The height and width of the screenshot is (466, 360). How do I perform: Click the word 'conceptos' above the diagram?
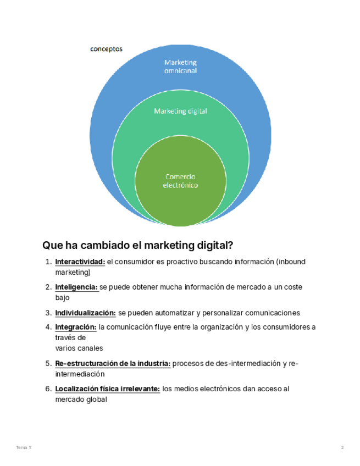pos(106,49)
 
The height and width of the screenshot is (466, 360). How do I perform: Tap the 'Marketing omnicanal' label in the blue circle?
pos(180,66)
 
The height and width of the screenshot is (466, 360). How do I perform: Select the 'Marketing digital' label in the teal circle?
pos(180,111)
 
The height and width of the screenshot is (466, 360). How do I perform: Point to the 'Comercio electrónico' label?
pos(180,181)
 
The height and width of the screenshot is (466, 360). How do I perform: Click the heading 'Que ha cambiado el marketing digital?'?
pos(138,245)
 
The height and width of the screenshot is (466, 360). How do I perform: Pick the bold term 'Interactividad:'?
pos(80,262)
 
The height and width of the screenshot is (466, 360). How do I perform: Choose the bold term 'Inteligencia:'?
pos(76,287)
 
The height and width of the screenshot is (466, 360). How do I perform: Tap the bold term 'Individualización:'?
pos(85,313)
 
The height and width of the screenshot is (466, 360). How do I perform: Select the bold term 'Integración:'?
pos(76,328)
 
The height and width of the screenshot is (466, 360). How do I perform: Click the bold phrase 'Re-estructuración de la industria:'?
pos(113,364)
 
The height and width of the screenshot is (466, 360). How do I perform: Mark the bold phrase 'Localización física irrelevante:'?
pos(108,389)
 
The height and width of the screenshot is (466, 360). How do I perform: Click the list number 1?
pos(48,262)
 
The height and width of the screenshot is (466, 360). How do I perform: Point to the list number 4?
pos(48,328)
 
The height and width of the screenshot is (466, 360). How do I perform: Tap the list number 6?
pos(48,389)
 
